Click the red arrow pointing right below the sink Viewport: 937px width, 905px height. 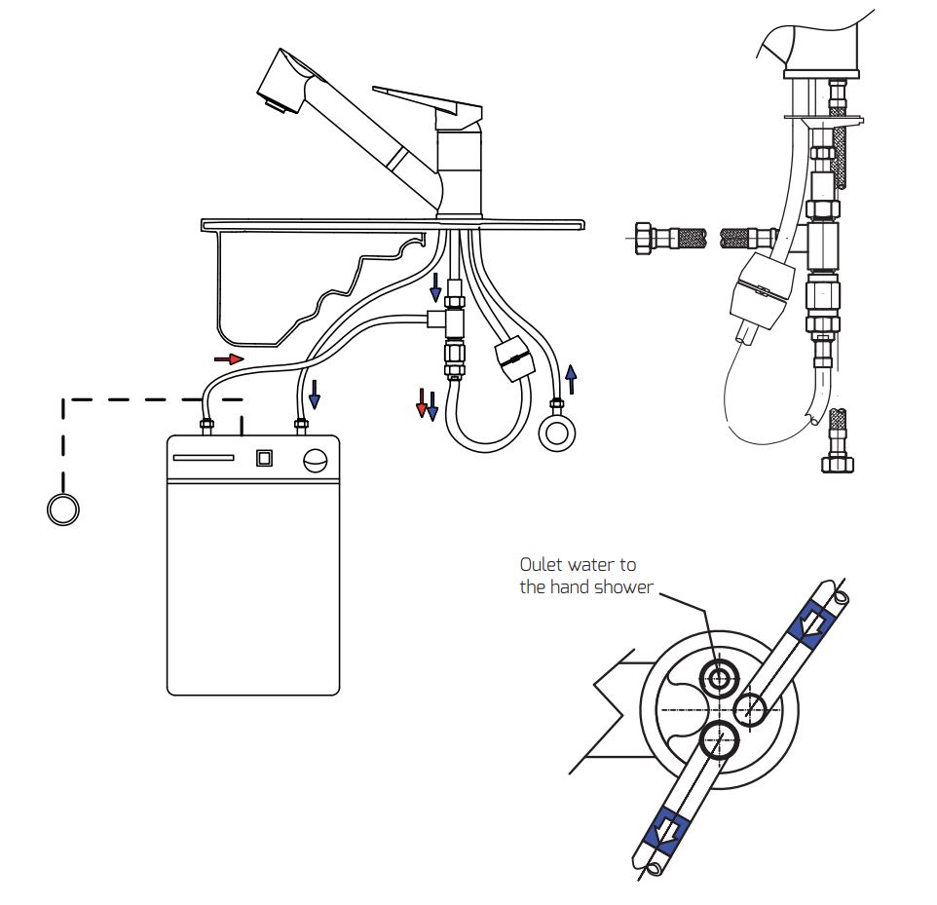click(229, 358)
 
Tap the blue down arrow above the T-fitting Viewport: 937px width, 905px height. click(435, 287)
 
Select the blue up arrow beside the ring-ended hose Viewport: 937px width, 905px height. click(572, 380)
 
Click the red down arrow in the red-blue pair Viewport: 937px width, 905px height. click(422, 403)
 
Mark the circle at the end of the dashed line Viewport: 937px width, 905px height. click(62, 509)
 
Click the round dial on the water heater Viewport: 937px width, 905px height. click(316, 460)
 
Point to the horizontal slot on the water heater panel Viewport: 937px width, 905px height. click(204, 458)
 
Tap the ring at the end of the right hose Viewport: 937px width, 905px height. click(557, 434)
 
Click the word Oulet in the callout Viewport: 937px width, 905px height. click(541, 564)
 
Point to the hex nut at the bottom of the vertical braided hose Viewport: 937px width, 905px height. click(838, 464)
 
